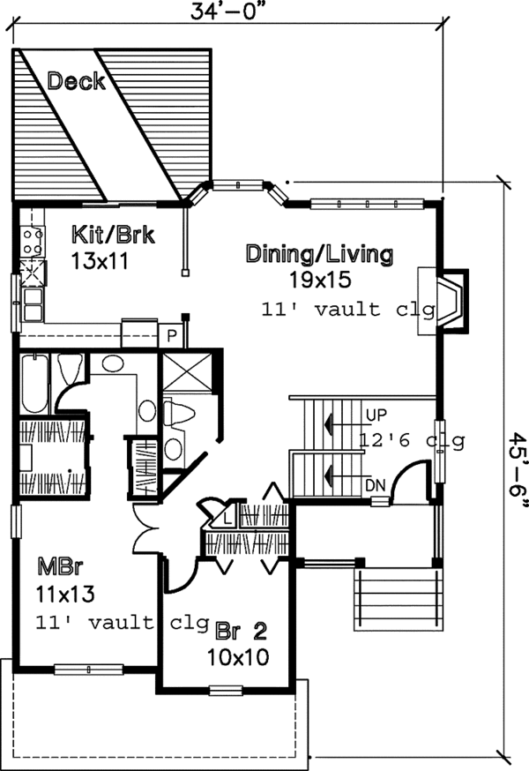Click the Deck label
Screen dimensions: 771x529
tap(76, 82)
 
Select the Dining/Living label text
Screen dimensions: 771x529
tap(318, 256)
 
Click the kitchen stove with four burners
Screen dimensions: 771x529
tap(32, 241)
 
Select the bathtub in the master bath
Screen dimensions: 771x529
tap(34, 383)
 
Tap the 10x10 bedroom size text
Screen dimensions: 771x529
tap(238, 657)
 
